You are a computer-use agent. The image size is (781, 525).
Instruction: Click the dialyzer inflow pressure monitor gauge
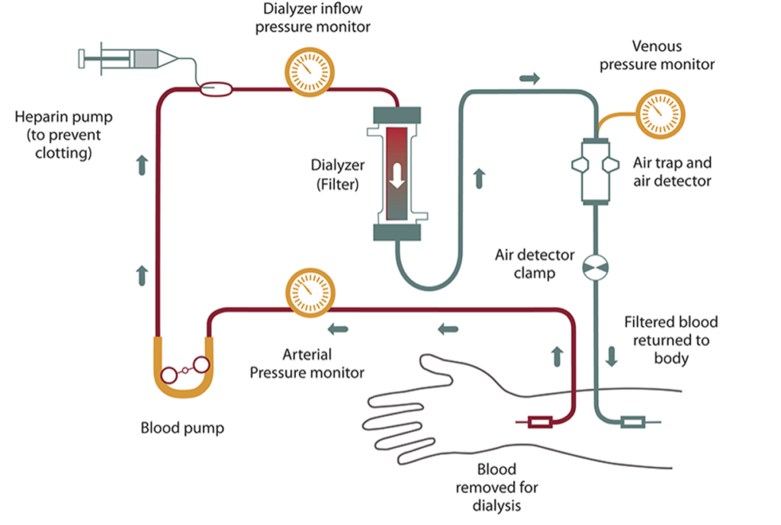click(310, 72)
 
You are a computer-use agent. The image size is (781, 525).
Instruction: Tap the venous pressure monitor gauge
click(660, 114)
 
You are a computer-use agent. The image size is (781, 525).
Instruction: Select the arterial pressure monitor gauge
click(310, 293)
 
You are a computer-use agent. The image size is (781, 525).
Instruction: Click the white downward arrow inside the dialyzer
click(397, 176)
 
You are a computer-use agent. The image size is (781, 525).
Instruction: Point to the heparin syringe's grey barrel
click(146, 59)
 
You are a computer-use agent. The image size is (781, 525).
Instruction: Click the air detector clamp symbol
click(595, 267)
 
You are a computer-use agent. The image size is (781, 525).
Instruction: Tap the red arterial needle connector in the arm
click(539, 422)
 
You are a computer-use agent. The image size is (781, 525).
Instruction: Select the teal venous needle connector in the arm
click(632, 422)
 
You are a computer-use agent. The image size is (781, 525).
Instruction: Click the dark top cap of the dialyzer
click(397, 115)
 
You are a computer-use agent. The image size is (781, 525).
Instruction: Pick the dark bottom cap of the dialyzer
click(397, 232)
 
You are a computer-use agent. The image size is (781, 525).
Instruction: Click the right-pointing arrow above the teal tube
click(529, 78)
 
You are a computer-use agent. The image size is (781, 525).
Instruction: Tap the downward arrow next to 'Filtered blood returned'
click(612, 357)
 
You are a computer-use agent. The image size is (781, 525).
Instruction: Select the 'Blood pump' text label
click(182, 428)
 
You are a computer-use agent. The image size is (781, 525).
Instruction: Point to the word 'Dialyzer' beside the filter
click(338, 165)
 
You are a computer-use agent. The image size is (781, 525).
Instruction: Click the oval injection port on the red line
click(216, 89)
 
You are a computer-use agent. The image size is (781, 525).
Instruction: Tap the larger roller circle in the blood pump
click(201, 365)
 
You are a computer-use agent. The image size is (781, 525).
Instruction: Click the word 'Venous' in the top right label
click(657, 46)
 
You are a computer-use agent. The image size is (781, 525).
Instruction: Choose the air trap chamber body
click(595, 171)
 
